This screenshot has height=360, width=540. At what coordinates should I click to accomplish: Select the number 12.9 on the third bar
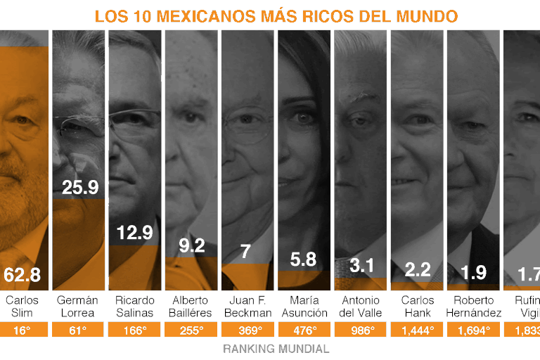pos(134,233)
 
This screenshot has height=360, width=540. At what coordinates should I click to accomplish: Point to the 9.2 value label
pos(191,245)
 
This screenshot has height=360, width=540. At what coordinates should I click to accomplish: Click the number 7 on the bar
pos(245,251)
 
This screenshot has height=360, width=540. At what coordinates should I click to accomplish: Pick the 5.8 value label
pos(303,259)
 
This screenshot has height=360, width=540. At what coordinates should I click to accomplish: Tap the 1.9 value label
pos(473,272)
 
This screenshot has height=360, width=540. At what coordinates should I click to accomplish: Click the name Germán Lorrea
pos(77,307)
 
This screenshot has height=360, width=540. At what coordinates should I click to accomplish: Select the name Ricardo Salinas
pos(134,307)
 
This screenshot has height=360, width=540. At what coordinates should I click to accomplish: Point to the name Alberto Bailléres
pos(191,307)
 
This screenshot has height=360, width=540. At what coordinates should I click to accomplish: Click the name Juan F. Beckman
pos(247,307)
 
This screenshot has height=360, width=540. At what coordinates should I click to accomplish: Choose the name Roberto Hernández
pos(473,307)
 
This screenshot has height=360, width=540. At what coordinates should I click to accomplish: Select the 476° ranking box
pos(303,330)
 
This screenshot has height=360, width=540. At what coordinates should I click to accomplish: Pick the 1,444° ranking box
pos(416,330)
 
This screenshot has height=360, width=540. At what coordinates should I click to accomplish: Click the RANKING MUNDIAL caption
pos(276,349)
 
